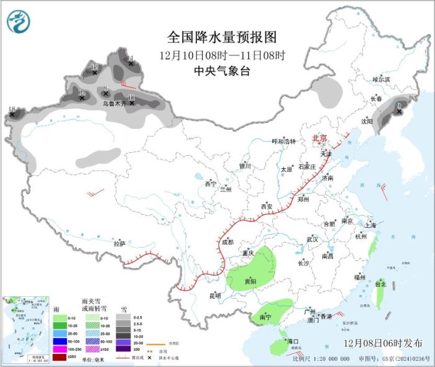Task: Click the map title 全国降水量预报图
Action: click(x=221, y=39)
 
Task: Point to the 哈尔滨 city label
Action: click(x=381, y=79)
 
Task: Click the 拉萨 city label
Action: click(x=119, y=244)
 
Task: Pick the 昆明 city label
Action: click(x=214, y=295)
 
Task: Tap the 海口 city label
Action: click(x=292, y=342)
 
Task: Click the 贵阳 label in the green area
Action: click(x=250, y=281)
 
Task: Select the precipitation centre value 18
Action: click(x=11, y=109)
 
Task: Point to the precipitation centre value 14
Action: click(x=81, y=93)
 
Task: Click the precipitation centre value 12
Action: click(x=94, y=67)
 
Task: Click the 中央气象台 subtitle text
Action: click(x=221, y=71)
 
